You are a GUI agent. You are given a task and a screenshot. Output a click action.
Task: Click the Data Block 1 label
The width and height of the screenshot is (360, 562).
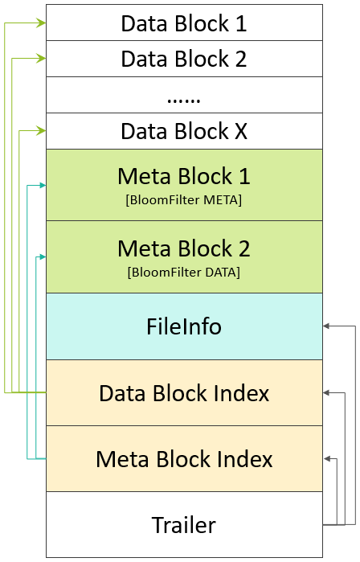point(184,23)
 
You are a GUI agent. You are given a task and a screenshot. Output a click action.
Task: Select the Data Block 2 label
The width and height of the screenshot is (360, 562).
point(184,59)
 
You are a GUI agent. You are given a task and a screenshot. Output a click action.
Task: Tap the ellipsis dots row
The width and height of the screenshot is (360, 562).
point(184,97)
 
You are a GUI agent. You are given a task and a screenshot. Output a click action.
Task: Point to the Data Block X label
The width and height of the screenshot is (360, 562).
point(184,131)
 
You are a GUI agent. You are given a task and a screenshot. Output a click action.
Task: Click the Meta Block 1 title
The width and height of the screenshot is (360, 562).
point(184,176)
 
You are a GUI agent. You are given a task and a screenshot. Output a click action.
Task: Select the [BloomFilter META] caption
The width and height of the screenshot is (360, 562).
point(184,199)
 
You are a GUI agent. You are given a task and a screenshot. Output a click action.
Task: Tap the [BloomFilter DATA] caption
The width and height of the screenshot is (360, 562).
point(184,272)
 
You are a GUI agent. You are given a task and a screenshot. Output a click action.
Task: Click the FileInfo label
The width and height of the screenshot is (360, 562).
point(184,326)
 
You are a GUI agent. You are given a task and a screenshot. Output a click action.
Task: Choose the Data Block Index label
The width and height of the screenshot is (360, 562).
point(184,393)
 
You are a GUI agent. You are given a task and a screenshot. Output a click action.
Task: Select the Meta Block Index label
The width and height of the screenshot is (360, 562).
point(184,459)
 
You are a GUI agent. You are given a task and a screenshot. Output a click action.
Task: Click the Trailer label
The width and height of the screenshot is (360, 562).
point(184,525)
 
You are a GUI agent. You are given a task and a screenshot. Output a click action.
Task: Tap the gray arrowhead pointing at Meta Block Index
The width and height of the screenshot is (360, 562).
point(328,459)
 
